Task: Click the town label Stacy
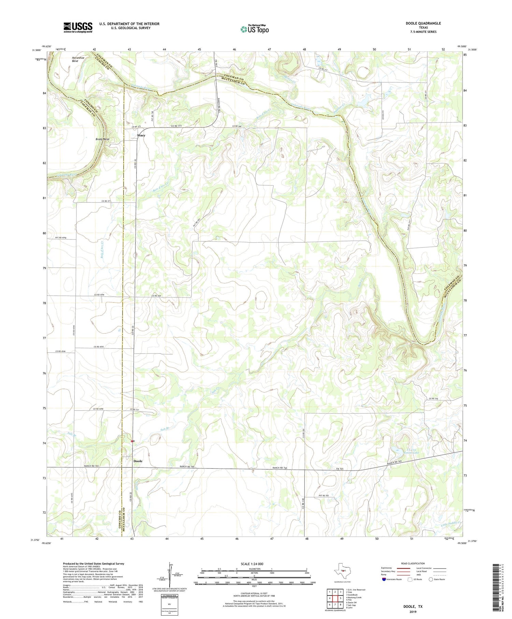click(141, 136)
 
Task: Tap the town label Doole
click(138, 461)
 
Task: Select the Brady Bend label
click(102, 139)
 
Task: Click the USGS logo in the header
click(78, 27)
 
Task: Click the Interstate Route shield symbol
click(384, 579)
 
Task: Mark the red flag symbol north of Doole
click(132, 441)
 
